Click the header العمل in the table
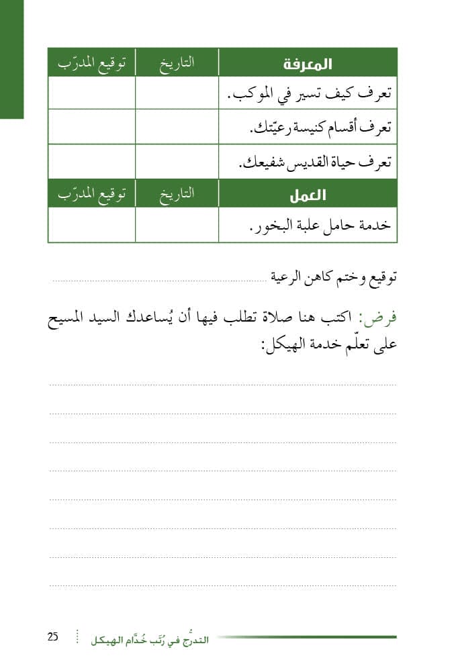tap(308, 195)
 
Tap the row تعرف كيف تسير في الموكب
tap(308, 94)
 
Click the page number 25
tap(53, 637)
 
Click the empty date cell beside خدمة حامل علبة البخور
tap(177, 225)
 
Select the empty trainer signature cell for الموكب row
tap(91, 93)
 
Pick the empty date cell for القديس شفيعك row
tap(177, 162)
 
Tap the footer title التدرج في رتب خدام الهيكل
tap(150, 640)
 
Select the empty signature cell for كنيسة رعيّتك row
tap(91, 127)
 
